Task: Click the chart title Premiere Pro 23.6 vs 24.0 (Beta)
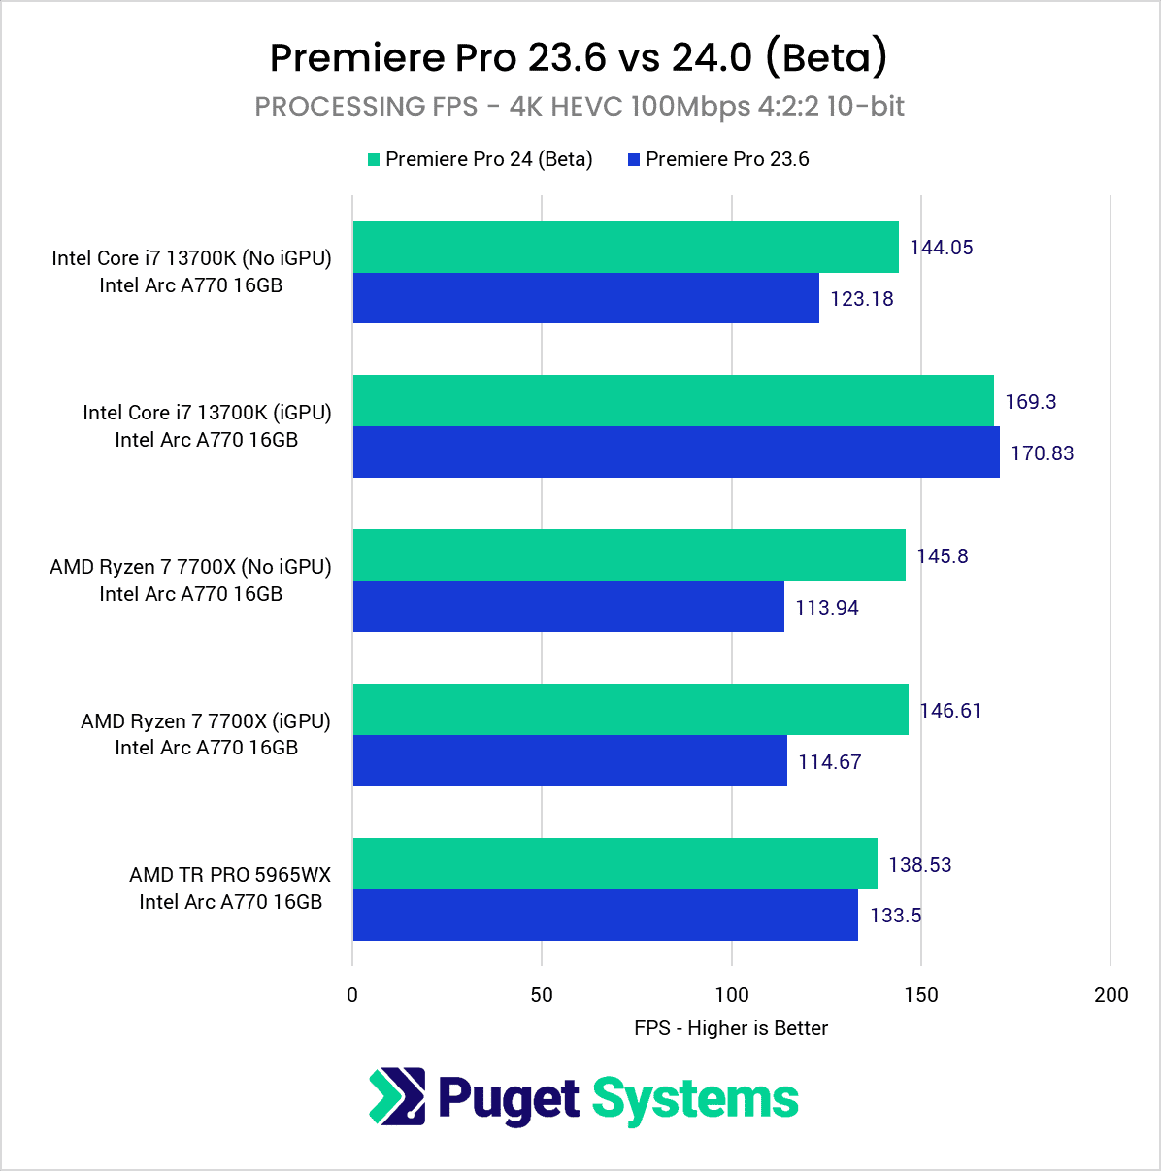(x=579, y=57)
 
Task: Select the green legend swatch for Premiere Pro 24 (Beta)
(x=374, y=160)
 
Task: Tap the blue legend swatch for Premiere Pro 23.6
(x=634, y=160)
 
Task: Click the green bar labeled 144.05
(x=625, y=248)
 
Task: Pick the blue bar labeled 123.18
(x=585, y=298)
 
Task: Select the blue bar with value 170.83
(x=676, y=452)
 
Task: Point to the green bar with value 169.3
(x=673, y=401)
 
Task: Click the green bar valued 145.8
(x=629, y=555)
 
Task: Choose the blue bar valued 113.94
(x=568, y=607)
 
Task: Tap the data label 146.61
(x=950, y=711)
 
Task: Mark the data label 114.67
(x=830, y=762)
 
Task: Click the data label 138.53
(x=919, y=865)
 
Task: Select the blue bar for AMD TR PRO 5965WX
(x=605, y=916)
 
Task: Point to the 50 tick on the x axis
(x=542, y=995)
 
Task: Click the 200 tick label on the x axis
(x=1111, y=995)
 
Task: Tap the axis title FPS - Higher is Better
(x=731, y=1028)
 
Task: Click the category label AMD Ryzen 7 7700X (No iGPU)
(x=191, y=567)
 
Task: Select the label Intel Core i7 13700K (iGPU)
(x=207, y=413)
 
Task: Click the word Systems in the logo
(x=695, y=1100)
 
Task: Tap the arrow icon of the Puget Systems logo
(x=398, y=1096)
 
